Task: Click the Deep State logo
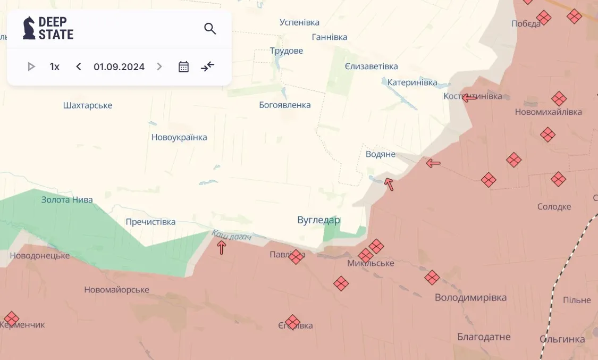point(48,28)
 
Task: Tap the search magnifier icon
point(210,29)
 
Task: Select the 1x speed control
point(55,66)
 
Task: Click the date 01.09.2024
point(119,66)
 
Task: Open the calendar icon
point(183,66)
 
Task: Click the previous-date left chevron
point(79,66)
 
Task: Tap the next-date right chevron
point(159,66)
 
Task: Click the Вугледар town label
point(318,220)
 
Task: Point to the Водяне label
point(381,154)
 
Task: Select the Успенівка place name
point(299,22)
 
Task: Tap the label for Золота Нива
point(67,200)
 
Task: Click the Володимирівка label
point(470,298)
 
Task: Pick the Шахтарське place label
point(88,105)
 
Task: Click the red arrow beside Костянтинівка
point(469,98)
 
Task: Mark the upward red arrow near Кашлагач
point(222,247)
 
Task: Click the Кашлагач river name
point(231,235)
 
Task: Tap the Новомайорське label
point(116,290)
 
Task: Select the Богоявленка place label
point(285,105)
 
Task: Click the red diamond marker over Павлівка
point(296,257)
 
